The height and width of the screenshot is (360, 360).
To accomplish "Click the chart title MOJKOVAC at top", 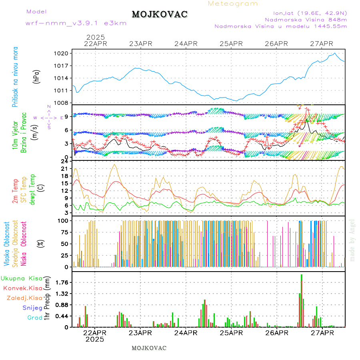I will click(160, 14).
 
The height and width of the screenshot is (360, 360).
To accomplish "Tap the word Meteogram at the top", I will click(233, 4).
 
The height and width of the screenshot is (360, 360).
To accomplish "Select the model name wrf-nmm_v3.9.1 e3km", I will click(76, 23).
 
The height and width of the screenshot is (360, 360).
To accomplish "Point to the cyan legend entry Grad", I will click(35, 318).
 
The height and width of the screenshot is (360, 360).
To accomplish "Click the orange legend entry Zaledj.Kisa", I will click(24, 298).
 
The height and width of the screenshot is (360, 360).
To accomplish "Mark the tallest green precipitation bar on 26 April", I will click(301, 300).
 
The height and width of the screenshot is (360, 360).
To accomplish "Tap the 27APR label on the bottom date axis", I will click(322, 332).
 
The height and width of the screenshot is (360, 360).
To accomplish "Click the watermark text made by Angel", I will click(352, 240).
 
